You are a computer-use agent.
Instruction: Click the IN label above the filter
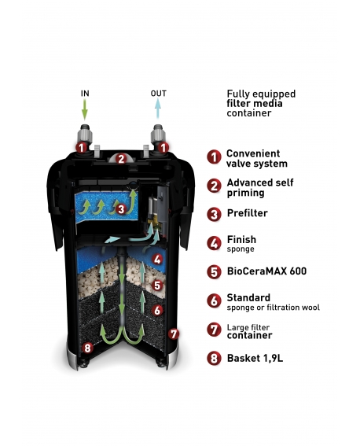[x=85, y=94]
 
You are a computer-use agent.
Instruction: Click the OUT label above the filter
[x=158, y=94]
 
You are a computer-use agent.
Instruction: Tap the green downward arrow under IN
[x=85, y=109]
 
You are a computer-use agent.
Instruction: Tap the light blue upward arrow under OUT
[x=158, y=109]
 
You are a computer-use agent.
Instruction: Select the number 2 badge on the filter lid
[x=121, y=159]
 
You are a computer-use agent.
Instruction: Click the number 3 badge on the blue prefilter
[x=121, y=209]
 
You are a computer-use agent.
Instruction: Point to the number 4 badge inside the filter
[x=158, y=260]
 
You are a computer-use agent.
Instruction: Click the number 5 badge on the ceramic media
[x=158, y=286]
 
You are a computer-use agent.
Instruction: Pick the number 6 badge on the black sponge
[x=158, y=311]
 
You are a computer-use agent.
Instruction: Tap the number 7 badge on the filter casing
[x=174, y=334]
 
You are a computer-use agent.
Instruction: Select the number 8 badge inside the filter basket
[x=87, y=348]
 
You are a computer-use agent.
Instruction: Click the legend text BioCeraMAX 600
[x=266, y=271]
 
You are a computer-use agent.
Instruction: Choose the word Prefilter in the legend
[x=247, y=213]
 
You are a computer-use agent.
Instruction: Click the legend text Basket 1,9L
[x=255, y=358]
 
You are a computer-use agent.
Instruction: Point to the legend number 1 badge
[x=214, y=157]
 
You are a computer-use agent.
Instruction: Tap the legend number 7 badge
[x=214, y=330]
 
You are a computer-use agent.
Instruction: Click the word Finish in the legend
[x=241, y=239]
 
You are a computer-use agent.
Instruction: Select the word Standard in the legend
[x=248, y=297]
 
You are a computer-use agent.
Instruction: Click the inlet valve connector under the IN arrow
[x=84, y=135]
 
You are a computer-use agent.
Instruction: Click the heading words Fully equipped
[x=261, y=94]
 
